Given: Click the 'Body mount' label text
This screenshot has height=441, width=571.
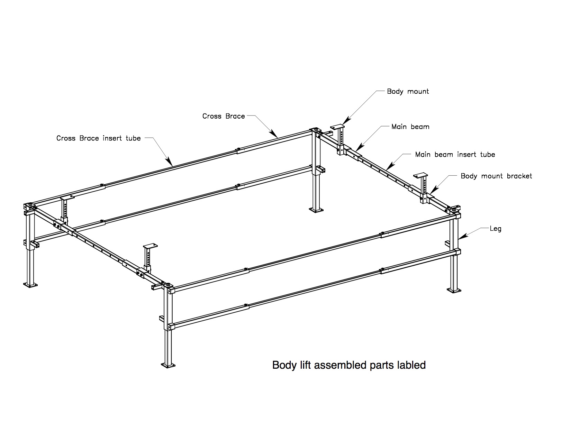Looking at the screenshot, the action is tap(408, 91).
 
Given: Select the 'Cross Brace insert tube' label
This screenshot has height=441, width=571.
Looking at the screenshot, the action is tap(99, 138).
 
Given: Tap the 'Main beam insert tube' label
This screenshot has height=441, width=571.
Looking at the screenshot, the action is tap(455, 155).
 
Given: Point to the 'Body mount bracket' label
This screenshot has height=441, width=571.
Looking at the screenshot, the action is tap(496, 176).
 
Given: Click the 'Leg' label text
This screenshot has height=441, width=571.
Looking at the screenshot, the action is tap(496, 229).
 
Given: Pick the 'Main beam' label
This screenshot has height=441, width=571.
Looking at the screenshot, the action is tap(410, 127).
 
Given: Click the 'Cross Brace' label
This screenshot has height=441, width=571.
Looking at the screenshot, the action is tap(223, 116).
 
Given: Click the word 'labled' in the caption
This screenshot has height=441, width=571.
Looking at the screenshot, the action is tap(411, 365).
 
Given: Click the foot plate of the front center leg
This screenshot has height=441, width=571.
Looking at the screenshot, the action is tap(168, 365).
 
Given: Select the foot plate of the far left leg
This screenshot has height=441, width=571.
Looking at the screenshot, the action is tap(30, 285).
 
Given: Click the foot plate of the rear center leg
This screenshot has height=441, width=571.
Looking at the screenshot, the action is tap(316, 210).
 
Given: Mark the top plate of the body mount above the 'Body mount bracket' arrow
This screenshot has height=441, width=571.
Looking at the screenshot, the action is tap(420, 175).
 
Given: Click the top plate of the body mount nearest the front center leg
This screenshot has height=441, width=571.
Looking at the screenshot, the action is tap(150, 246).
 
